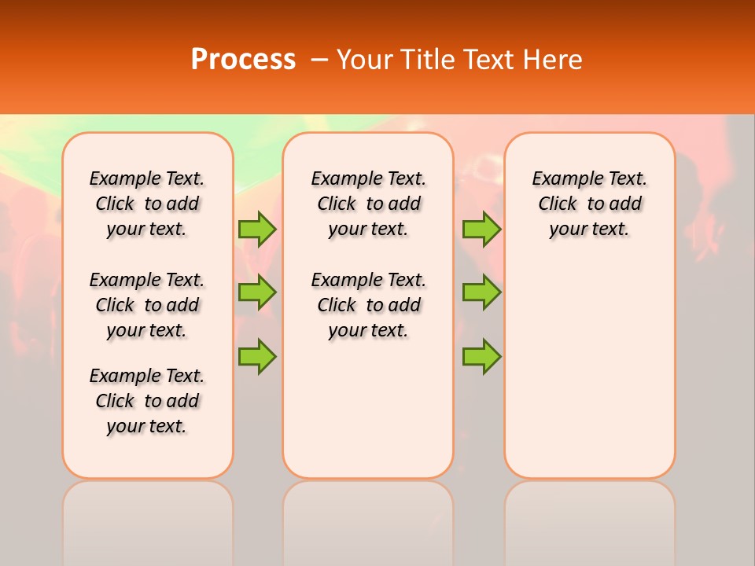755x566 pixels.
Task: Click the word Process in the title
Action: (x=243, y=60)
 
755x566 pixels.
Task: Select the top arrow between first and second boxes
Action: (x=257, y=230)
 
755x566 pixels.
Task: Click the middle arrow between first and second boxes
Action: (x=257, y=292)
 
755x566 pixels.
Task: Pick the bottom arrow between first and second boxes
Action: (x=257, y=356)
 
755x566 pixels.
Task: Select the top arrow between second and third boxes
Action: (x=481, y=230)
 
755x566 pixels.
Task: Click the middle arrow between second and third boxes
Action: (x=481, y=292)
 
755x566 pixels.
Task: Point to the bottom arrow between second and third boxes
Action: (x=481, y=356)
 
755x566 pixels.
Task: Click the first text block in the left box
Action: (x=147, y=204)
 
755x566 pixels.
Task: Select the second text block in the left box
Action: (x=147, y=305)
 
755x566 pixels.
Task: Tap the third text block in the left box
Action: (x=147, y=401)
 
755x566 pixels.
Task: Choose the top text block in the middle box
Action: (x=368, y=204)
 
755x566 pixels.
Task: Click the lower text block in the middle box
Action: (x=368, y=305)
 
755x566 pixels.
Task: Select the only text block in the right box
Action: (x=590, y=204)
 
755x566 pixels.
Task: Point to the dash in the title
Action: (x=319, y=60)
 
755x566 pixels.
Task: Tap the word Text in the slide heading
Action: (x=486, y=60)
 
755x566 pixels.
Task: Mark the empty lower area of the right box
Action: (x=590, y=369)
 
